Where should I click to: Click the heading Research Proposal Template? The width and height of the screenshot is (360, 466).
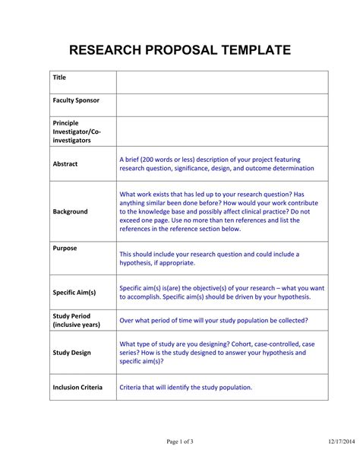(x=180, y=51)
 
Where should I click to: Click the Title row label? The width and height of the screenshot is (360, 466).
(x=59, y=78)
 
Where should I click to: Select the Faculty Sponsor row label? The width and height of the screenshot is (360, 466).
(x=76, y=100)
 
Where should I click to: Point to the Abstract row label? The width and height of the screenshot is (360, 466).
(x=65, y=163)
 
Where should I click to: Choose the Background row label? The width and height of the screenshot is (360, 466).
(x=70, y=211)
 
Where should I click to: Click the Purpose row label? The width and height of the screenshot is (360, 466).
(x=65, y=248)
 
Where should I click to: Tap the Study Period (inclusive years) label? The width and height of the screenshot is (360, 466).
(x=77, y=320)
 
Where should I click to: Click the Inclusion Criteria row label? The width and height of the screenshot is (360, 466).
(x=77, y=387)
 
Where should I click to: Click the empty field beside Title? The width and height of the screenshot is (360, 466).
(x=222, y=82)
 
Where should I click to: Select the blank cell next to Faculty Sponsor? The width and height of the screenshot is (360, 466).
(x=222, y=105)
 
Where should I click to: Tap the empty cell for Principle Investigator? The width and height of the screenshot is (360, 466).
(x=222, y=132)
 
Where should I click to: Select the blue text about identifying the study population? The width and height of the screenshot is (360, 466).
(x=186, y=387)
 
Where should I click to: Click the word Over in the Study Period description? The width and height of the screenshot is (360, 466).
(x=128, y=320)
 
